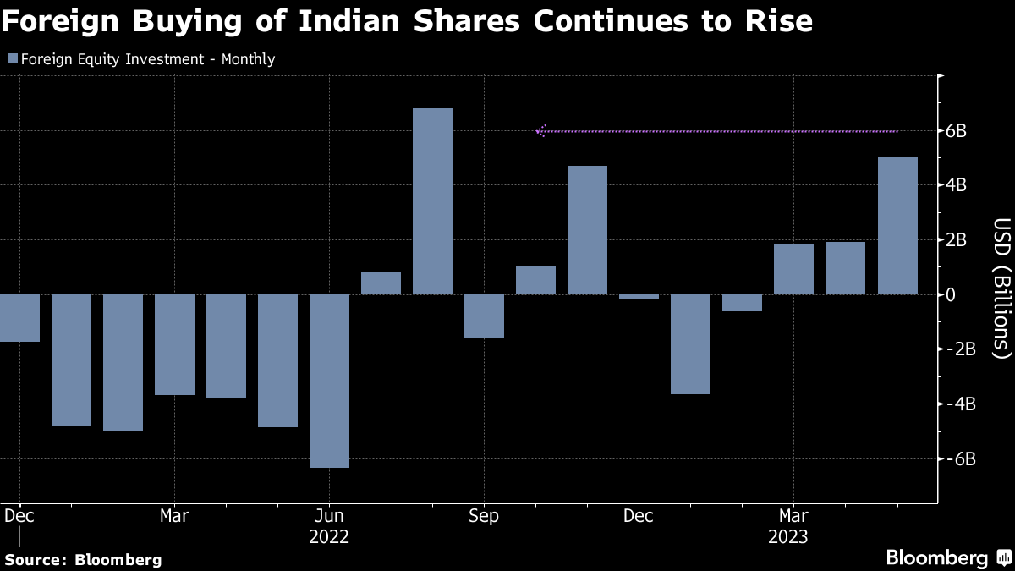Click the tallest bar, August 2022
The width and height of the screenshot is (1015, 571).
[432, 201]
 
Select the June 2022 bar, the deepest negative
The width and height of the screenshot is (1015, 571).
[329, 381]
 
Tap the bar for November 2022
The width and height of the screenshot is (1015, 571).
[587, 230]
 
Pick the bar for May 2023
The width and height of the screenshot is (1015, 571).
[897, 226]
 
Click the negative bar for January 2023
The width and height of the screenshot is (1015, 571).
[690, 344]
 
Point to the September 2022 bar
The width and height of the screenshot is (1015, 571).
[484, 316]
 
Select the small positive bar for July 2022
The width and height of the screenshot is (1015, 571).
[381, 283]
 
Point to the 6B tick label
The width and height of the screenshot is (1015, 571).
[957, 131]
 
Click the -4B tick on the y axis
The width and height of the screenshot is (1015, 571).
[955, 404]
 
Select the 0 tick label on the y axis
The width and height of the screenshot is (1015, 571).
[952, 295]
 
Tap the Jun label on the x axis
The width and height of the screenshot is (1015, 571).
[329, 515]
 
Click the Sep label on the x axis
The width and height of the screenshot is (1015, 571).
[484, 515]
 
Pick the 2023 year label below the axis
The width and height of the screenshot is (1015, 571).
[787, 537]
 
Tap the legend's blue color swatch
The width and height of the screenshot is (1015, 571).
[12, 59]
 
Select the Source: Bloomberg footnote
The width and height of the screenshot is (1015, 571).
[83, 560]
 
